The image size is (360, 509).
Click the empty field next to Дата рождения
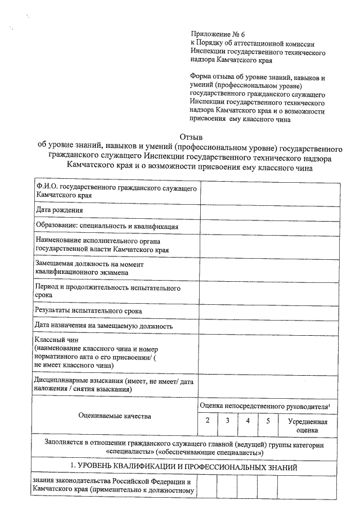(x=269, y=210)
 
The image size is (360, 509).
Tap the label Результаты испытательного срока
(x=88, y=310)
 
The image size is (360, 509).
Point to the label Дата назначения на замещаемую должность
(x=103, y=326)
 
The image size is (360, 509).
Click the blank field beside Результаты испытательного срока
(x=269, y=310)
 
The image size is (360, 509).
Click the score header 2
(x=208, y=421)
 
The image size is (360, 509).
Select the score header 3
(x=227, y=421)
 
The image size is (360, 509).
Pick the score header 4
(x=247, y=421)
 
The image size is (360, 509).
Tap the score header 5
(x=268, y=421)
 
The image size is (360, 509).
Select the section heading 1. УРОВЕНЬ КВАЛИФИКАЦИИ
(x=186, y=467)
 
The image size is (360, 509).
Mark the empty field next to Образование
(x=269, y=226)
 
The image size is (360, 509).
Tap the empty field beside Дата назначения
(x=269, y=326)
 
